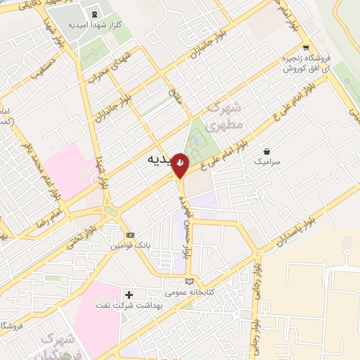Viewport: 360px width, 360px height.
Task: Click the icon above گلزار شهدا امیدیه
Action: click(94, 13)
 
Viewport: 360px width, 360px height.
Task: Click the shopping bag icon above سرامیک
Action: click(266, 150)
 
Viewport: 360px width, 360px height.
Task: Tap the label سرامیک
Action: click(266, 161)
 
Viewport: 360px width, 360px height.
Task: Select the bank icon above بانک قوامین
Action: click(129, 235)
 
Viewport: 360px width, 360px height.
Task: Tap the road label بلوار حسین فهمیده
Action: click(186, 222)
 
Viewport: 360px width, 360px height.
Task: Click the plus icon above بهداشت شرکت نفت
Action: click(129, 294)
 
